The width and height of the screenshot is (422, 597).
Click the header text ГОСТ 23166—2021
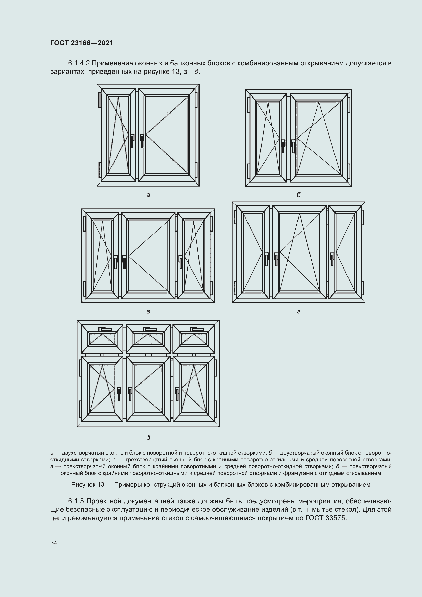82,43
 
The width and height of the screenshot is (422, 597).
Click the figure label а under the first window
148,195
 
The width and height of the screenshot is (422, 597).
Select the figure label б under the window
299,195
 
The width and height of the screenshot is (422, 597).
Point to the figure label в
148,311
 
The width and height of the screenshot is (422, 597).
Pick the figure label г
299,311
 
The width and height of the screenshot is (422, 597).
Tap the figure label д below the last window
148,438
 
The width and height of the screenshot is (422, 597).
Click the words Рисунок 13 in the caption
88,485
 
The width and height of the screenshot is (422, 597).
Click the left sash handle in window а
132,141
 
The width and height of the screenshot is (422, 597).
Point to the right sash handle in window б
293,147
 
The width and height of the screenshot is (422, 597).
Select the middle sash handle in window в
125,262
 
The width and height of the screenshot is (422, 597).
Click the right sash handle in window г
332,260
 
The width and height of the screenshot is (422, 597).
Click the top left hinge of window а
100,100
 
